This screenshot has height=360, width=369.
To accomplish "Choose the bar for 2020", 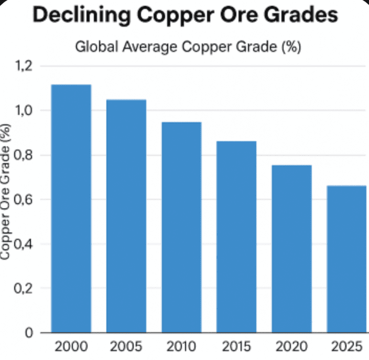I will [291, 249].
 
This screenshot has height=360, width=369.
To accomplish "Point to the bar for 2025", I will [346, 259].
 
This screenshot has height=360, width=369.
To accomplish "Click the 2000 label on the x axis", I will [71, 347].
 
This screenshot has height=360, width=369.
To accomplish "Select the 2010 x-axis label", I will [181, 347].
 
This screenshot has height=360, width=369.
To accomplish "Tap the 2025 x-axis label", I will [346, 347].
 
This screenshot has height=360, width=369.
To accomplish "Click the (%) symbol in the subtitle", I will [290, 47].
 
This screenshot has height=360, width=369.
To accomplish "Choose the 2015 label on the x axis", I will [236, 347].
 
